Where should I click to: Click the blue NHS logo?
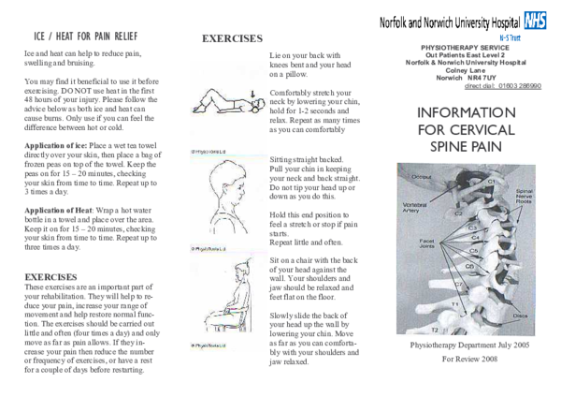535,21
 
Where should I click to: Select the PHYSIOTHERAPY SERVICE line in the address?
466,45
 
